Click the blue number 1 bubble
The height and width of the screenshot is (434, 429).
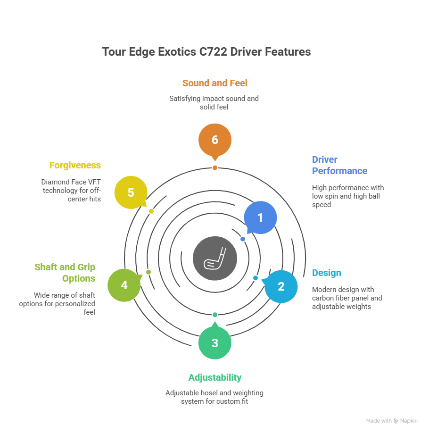click(260, 217)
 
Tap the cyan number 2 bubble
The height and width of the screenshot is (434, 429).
click(281, 286)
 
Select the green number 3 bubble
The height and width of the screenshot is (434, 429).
click(215, 342)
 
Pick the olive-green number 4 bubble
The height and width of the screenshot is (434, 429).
click(124, 285)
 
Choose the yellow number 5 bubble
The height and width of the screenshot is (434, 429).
click(131, 192)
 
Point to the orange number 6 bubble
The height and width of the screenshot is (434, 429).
click(215, 140)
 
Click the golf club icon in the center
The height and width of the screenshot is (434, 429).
click(215, 259)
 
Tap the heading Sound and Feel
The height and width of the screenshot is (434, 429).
click(215, 83)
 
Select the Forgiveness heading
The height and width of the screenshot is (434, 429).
click(75, 165)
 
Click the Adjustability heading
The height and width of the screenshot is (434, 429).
click(215, 377)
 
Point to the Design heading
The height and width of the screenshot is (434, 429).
click(327, 273)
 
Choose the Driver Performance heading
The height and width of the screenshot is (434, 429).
click(339, 165)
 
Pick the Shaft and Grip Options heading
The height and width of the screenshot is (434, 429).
click(65, 273)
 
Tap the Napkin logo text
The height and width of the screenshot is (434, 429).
click(409, 421)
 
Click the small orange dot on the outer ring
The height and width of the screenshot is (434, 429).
click(215, 168)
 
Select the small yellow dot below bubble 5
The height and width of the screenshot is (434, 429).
click(151, 211)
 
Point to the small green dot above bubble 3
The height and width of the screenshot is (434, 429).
click(215, 315)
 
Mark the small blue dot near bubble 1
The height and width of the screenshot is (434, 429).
click(243, 239)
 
